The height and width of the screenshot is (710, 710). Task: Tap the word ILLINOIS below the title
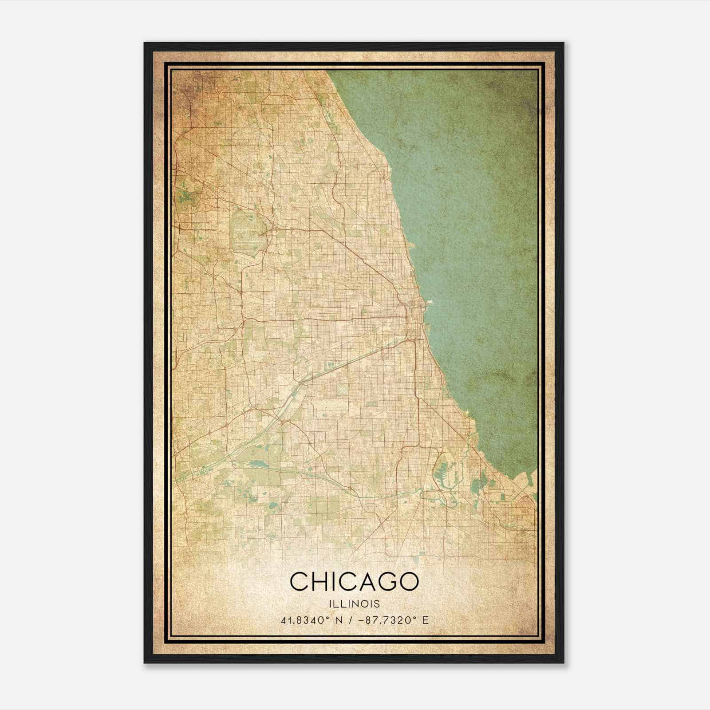[x=354, y=604]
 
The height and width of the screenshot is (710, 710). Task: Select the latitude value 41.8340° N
[x=307, y=620]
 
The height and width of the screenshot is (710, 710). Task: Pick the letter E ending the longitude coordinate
[x=426, y=620]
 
